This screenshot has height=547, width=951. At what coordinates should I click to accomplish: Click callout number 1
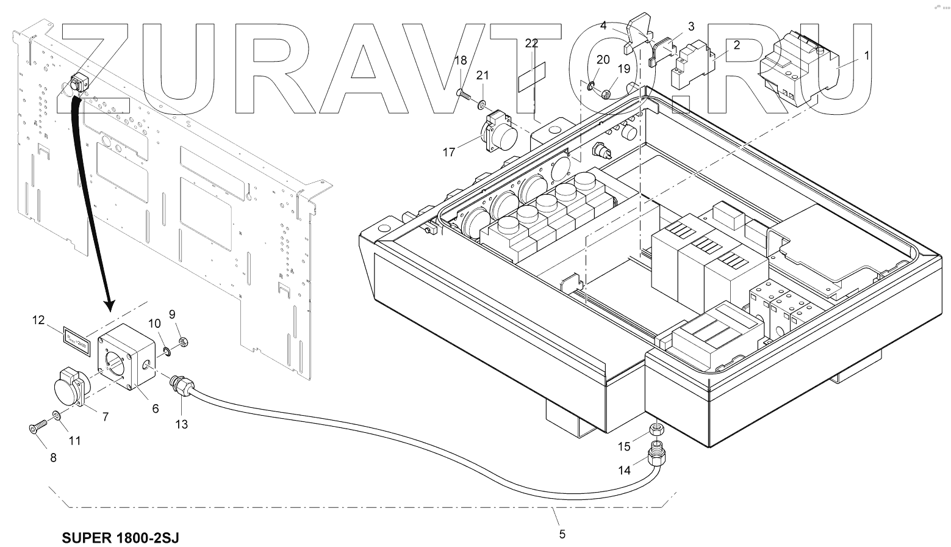coord(867,54)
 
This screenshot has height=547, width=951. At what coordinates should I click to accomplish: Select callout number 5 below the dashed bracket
coord(562,534)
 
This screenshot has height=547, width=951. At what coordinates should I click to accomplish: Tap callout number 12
coord(38,320)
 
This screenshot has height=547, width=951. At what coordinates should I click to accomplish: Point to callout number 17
coord(449,152)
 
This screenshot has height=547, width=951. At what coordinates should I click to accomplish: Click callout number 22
coord(531,43)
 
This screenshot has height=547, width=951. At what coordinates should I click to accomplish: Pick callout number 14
coord(624,470)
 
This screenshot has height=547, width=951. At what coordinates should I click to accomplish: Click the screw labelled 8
coord(35,429)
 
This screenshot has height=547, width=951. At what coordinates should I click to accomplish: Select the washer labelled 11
coord(56,416)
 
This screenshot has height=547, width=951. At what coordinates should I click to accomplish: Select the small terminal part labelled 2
coord(694,63)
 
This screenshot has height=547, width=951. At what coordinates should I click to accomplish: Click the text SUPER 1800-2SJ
coord(121,537)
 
